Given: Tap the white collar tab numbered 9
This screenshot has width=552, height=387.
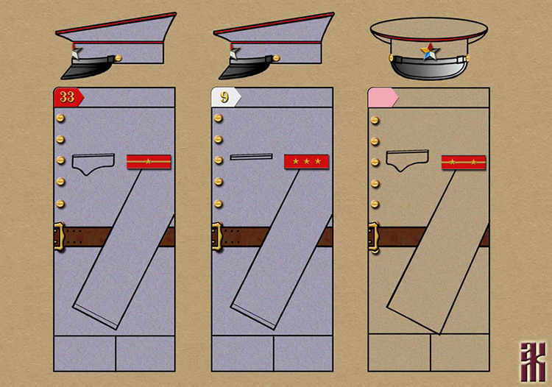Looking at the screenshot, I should click(x=225, y=97).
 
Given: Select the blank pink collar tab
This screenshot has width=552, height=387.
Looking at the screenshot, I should click(x=382, y=97).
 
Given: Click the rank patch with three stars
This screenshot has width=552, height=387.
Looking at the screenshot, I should click(x=306, y=161).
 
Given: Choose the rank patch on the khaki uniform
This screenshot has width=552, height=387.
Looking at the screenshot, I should click(x=463, y=162).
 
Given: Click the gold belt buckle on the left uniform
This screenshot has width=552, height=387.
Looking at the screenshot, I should click(x=60, y=237).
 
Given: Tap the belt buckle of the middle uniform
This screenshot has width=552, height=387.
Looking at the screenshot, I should click(x=216, y=237).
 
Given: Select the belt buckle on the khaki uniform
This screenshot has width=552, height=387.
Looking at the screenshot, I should click(x=373, y=237).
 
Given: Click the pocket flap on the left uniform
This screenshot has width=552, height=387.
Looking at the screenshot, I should click(x=93, y=163).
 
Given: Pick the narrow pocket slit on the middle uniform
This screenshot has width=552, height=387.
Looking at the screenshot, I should click(x=251, y=157).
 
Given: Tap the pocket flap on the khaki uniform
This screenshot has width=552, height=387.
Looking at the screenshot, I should click(x=407, y=160).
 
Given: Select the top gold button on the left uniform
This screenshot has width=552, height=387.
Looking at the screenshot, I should click(x=60, y=118).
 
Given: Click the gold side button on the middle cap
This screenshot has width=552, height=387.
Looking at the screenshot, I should click(x=277, y=57).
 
